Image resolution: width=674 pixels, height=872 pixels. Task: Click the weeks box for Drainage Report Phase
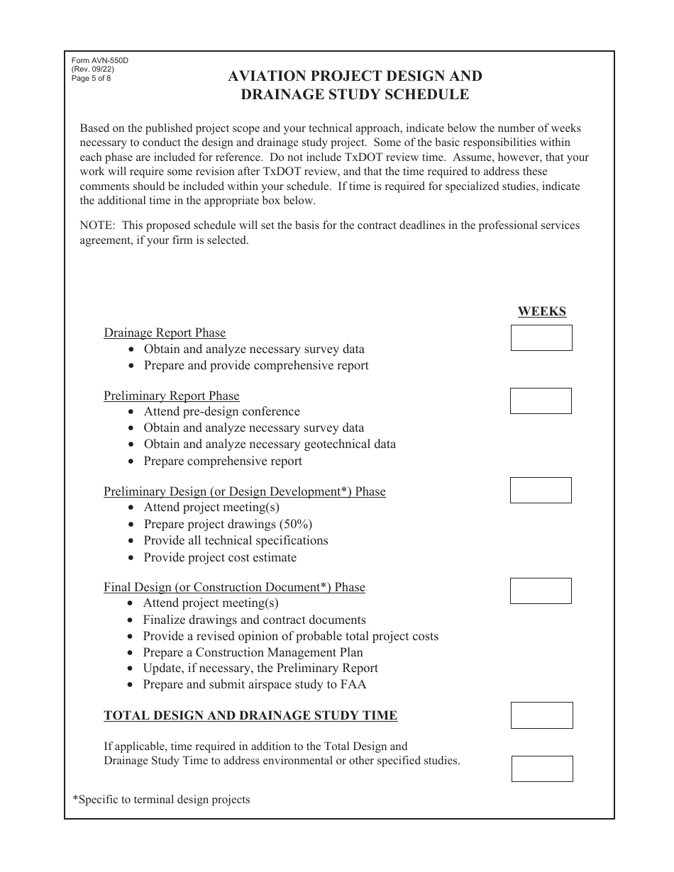click(541, 337)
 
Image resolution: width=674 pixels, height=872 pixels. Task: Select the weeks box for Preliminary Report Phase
click(541, 401)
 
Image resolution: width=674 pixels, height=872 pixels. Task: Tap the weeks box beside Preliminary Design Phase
click(541, 490)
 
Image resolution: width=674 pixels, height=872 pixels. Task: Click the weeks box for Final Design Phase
click(541, 591)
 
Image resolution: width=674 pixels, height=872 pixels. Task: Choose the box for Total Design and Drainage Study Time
click(541, 715)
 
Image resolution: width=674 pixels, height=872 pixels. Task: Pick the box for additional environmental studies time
click(542, 768)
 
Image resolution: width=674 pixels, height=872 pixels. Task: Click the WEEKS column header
click(541, 311)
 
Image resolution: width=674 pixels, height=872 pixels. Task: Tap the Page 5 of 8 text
click(92, 78)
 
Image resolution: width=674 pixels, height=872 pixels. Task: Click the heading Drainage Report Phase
click(165, 332)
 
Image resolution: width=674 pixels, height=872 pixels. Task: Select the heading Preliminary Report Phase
click(171, 396)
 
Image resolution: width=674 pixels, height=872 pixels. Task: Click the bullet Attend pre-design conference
click(221, 412)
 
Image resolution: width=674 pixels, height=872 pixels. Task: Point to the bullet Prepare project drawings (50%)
click(228, 524)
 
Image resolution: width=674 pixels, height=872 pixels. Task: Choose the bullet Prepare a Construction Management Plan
click(253, 652)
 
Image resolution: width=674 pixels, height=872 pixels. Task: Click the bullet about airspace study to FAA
click(254, 684)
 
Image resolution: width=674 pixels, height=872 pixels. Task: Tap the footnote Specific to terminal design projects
click(161, 800)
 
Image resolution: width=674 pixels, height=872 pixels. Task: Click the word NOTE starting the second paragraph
click(96, 225)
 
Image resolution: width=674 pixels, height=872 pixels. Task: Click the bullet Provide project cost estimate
click(220, 557)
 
